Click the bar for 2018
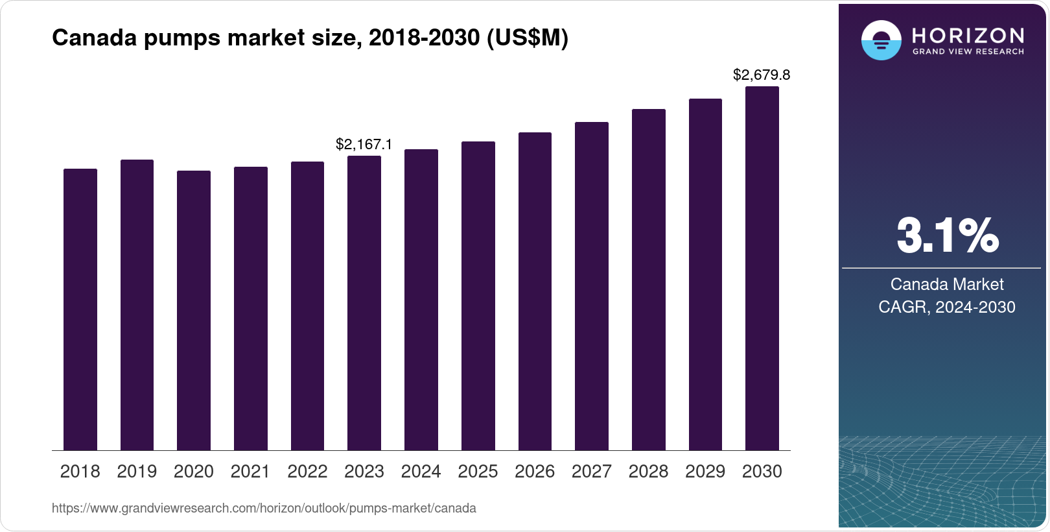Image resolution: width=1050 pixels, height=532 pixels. pyautogui.click(x=80, y=309)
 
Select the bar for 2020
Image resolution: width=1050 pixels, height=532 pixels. pyautogui.click(x=194, y=311)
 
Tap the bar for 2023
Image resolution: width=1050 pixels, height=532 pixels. pyautogui.click(x=364, y=303)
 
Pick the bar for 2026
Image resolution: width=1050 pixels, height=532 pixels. pyautogui.click(x=535, y=291)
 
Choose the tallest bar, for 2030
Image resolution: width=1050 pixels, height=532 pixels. pyautogui.click(x=762, y=269)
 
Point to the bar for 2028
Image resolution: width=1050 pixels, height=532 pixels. pyautogui.click(x=649, y=280)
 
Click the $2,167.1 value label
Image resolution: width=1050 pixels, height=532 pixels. pyautogui.click(x=364, y=144)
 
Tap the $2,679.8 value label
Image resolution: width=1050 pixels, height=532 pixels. pyautogui.click(x=762, y=75)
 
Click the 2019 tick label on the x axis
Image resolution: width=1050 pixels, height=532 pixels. pyautogui.click(x=137, y=472)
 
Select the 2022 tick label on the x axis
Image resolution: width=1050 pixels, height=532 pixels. pyautogui.click(x=307, y=472)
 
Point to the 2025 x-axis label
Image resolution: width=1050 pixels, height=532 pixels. pyautogui.click(x=478, y=472)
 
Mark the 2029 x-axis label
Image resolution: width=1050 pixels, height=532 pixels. pyautogui.click(x=705, y=472)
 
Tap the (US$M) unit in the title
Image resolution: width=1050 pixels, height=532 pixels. pyautogui.click(x=528, y=38)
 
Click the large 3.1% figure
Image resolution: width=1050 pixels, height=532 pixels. pyautogui.click(x=947, y=236)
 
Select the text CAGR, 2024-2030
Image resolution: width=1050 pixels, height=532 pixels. pyautogui.click(x=947, y=307)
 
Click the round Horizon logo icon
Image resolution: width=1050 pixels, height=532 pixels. pyautogui.click(x=881, y=40)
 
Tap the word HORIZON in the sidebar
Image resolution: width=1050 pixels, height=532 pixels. pyautogui.click(x=968, y=35)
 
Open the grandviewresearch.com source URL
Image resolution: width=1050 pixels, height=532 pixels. pyautogui.click(x=264, y=509)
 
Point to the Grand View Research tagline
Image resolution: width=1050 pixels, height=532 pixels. pyautogui.click(x=968, y=51)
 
